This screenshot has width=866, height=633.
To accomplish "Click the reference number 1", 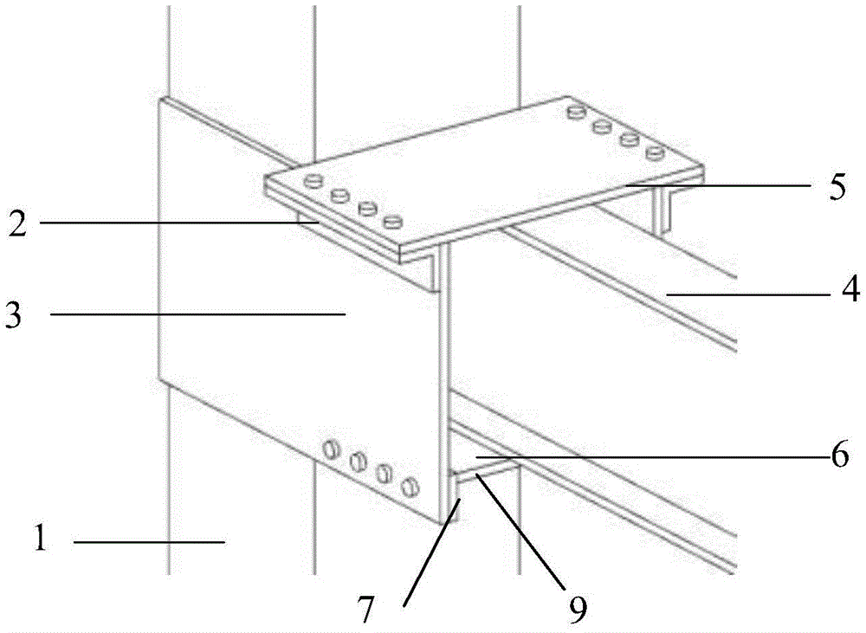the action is point(40,538).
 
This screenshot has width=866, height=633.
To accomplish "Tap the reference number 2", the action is point(18,223).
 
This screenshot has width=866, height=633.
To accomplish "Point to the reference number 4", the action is point(850,287).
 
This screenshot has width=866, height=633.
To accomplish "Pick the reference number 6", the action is point(840,455).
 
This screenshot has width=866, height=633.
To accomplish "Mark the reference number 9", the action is point(578,608).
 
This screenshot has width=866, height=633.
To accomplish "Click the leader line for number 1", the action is point(149,542).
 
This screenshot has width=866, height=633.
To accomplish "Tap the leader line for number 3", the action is point(198,314).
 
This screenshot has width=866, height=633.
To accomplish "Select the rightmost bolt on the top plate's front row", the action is point(392,222).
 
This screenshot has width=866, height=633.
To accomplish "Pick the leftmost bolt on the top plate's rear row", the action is point(576,112).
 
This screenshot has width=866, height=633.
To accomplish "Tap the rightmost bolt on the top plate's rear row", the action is point(655,152).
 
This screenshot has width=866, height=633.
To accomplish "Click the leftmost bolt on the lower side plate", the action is point(330,449).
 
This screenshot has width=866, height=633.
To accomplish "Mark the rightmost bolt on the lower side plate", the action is point(410,486).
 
